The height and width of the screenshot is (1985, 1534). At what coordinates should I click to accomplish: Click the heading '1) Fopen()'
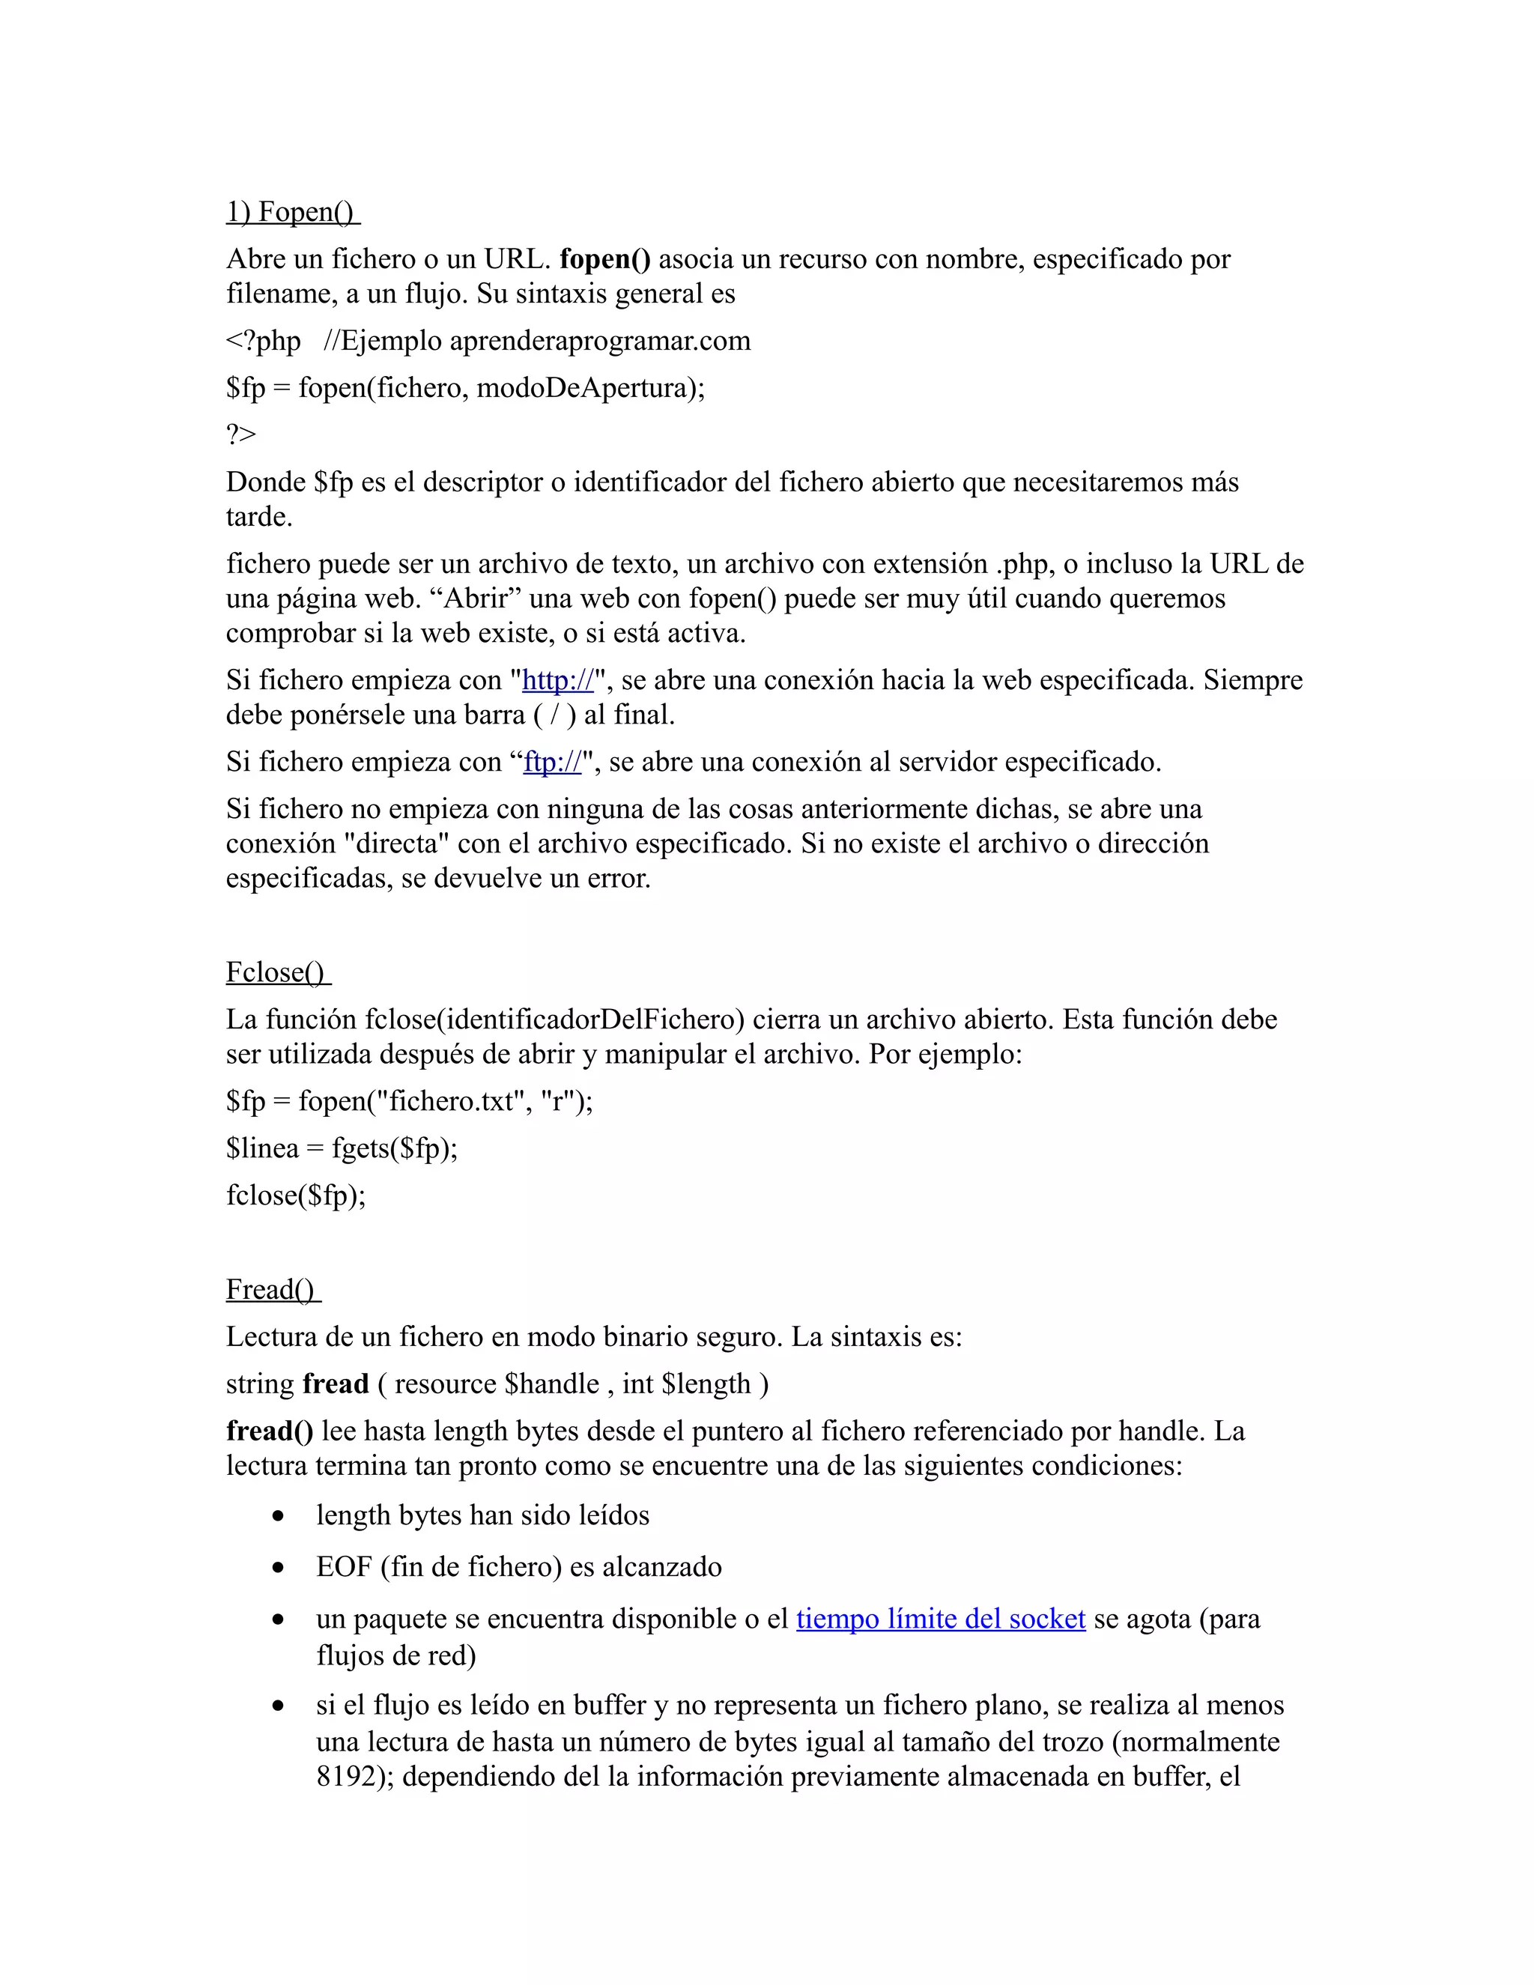(293, 212)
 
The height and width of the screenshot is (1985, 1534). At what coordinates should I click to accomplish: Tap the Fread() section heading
(273, 1289)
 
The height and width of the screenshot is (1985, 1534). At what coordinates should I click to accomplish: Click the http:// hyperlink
(557, 680)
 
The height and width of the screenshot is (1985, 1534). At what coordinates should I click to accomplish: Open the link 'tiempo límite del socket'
(941, 1619)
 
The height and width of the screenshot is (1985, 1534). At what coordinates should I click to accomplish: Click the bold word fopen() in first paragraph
(605, 259)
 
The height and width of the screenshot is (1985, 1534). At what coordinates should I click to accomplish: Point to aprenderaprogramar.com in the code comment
(600, 341)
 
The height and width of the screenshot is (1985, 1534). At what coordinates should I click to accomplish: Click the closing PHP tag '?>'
(242, 434)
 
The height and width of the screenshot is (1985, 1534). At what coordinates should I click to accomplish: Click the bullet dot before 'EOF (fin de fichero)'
(278, 1568)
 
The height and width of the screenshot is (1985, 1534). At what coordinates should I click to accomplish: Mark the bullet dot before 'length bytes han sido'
(278, 1516)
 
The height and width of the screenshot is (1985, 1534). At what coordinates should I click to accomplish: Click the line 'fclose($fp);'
(297, 1195)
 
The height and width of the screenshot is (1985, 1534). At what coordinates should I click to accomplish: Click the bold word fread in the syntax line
(336, 1384)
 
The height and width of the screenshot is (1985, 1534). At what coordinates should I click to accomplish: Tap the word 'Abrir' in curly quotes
(481, 599)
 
